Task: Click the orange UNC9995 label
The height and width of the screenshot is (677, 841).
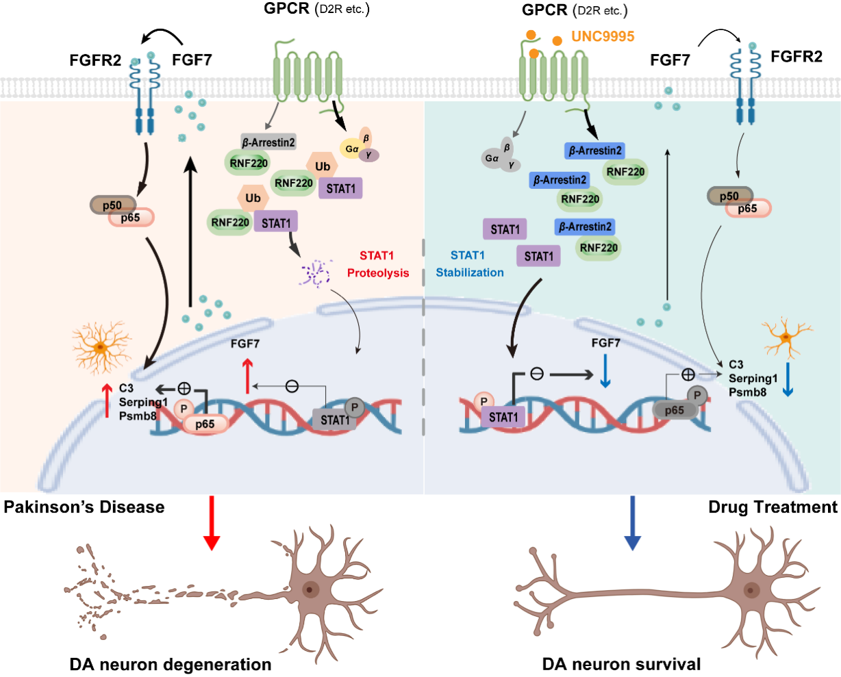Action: (x=603, y=36)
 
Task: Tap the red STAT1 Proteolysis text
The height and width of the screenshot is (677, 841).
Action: (x=377, y=264)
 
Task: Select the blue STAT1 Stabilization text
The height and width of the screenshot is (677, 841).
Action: (x=470, y=264)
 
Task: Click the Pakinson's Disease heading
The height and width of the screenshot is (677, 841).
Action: (x=84, y=507)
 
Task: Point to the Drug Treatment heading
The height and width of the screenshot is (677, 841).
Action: (x=773, y=507)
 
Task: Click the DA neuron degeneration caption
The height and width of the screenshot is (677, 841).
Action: (x=171, y=664)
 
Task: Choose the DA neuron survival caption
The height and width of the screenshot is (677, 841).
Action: (x=621, y=664)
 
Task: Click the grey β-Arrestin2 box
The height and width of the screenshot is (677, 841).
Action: (x=268, y=142)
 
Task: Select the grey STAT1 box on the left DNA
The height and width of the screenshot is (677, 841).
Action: (x=334, y=419)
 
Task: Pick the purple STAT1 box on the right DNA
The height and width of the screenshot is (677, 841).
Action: (x=503, y=416)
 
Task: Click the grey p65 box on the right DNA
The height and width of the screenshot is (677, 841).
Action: (x=675, y=410)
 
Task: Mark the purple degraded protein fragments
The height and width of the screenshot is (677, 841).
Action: (x=314, y=272)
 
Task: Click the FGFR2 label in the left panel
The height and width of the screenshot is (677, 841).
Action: (x=95, y=60)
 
